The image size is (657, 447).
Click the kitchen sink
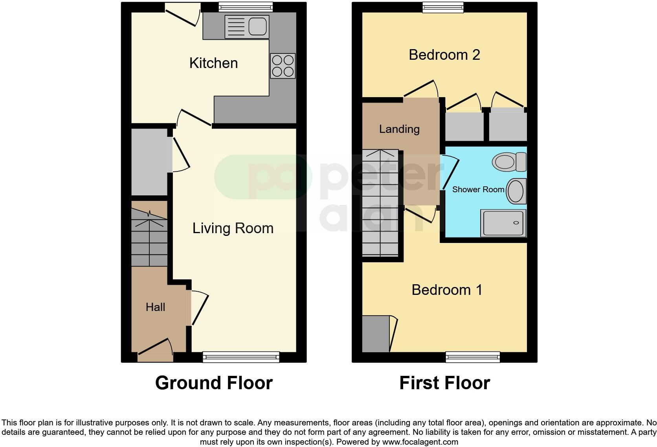(x=247, y=27)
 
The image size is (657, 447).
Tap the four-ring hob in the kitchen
(x=283, y=66)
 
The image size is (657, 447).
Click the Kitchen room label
(x=213, y=63)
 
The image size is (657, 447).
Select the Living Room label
(x=233, y=228)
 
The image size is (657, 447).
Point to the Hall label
(x=155, y=307)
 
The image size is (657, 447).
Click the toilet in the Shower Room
(x=509, y=162)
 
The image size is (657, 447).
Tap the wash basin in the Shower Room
(x=516, y=191)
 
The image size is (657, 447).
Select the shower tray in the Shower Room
(x=503, y=223)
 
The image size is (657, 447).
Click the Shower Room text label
(x=478, y=189)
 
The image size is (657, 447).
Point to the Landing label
(x=399, y=129)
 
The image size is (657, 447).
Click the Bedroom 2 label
(x=444, y=55)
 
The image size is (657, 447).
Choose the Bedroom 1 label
(x=447, y=290)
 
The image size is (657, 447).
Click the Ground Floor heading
(x=214, y=383)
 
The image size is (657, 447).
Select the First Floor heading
(x=444, y=383)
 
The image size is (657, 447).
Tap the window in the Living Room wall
(x=241, y=357)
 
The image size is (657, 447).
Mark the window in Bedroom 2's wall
(x=443, y=7)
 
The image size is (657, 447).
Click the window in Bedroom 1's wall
(x=473, y=357)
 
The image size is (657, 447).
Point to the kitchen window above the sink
(x=245, y=7)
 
